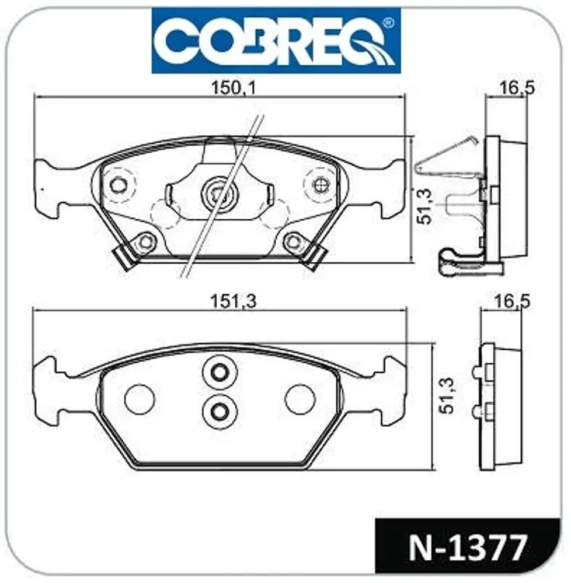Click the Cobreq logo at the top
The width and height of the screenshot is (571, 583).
click(276, 41)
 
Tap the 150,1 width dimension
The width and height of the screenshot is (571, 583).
click(234, 89)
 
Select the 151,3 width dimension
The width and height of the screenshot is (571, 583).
click(234, 301)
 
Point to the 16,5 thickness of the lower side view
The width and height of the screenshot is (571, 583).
click(511, 301)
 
